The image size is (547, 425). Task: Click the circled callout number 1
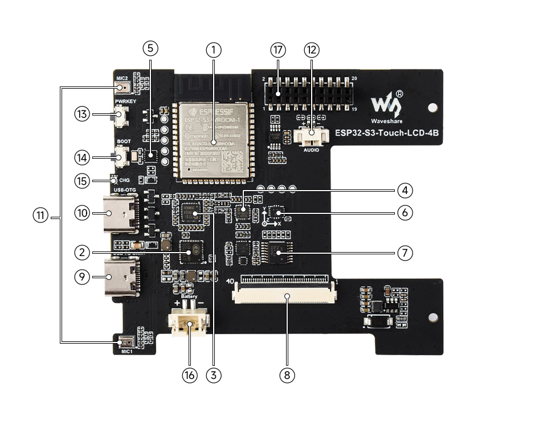213,49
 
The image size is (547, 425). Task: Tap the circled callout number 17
278,49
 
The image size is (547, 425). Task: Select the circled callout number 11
40,216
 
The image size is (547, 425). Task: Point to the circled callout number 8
287,375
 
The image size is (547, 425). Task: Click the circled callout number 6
405,212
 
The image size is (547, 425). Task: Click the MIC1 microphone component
125,341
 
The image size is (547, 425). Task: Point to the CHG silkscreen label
124,181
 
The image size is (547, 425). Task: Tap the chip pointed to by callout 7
279,251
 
